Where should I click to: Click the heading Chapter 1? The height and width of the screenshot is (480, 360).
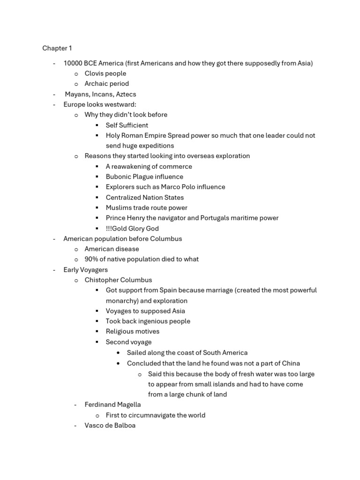57,48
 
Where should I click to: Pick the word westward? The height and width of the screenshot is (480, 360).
121,105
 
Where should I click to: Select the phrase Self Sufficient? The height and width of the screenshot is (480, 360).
127,125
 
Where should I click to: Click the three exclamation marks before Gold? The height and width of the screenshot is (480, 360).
109,228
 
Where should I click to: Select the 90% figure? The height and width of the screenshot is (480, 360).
91,259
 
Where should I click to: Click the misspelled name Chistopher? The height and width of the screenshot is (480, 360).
101,280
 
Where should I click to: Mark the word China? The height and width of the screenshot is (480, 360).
291,363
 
